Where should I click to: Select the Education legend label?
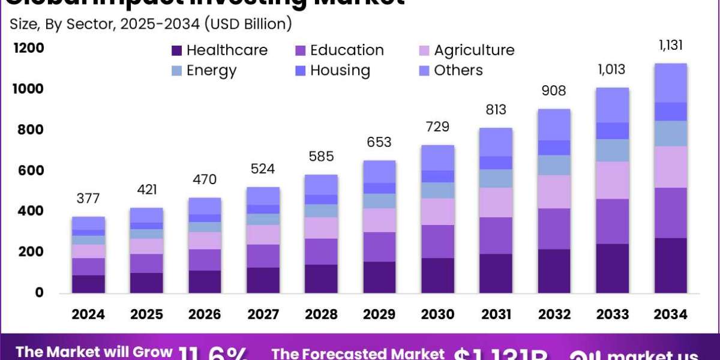(347, 50)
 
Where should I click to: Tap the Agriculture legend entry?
(474, 50)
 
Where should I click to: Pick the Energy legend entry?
(211, 71)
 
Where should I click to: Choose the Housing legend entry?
(340, 71)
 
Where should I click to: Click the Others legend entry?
(458, 71)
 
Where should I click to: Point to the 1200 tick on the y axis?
(29, 48)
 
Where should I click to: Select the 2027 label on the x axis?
(264, 314)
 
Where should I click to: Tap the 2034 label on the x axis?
(670, 314)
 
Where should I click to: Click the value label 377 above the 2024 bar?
(88, 199)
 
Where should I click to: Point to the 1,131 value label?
(670, 46)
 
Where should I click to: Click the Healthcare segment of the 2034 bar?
(670, 265)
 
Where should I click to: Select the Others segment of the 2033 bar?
(611, 105)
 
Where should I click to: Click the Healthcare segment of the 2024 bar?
(88, 284)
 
